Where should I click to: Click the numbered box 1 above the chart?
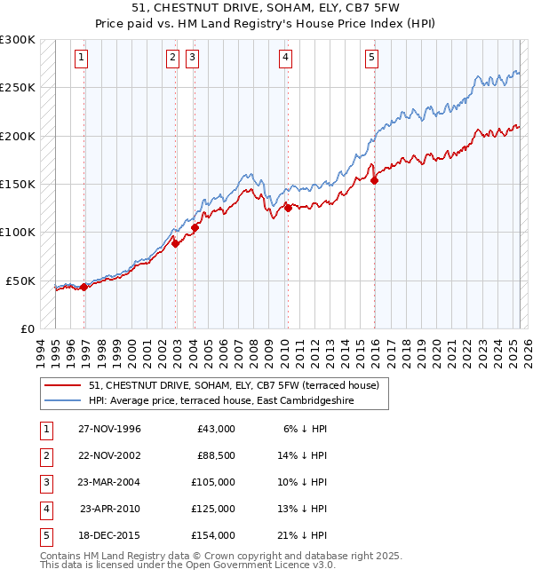81,59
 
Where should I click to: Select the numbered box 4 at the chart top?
285,59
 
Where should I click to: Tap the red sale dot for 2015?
374,180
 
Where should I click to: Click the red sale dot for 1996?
84,287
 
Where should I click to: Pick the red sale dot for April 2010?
288,208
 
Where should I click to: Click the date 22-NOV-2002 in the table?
109,455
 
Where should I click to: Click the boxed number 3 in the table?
45,482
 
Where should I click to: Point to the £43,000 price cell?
216,429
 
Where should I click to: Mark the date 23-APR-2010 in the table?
110,509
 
